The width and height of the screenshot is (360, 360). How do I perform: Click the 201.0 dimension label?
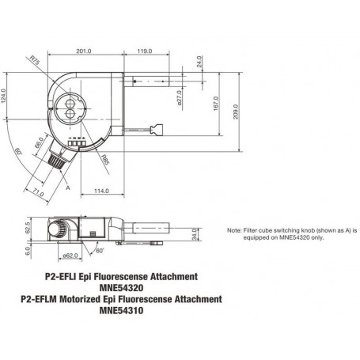pyautogui.click(x=84, y=51)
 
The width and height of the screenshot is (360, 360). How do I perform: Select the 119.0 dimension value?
pyautogui.click(x=145, y=51)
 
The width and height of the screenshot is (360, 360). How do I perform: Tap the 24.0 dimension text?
pyautogui.click(x=199, y=62)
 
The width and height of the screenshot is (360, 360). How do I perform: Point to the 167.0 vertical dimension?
pyautogui.click(x=216, y=104)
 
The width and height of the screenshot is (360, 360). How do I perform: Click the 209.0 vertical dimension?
pyautogui.click(x=236, y=112)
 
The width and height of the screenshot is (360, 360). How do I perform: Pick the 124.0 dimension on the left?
pyautogui.click(x=3, y=96)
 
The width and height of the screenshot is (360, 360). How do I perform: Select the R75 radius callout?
pyautogui.click(x=35, y=60)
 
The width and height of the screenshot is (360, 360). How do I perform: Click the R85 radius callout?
pyautogui.click(x=105, y=160)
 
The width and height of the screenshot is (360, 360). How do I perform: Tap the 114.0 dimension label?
pyautogui.click(x=101, y=191)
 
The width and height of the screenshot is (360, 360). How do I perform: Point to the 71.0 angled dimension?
pyautogui.click(x=39, y=193)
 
